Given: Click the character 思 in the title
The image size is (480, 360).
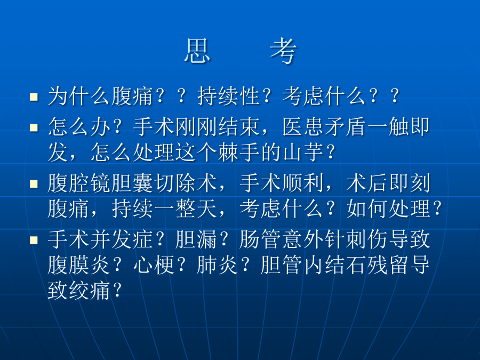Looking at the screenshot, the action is tap(198, 51).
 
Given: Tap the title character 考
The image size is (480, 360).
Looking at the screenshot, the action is tap(283, 51).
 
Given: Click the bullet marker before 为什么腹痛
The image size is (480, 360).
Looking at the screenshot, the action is tap(34, 97).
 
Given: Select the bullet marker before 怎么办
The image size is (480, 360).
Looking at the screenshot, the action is tap(34, 127).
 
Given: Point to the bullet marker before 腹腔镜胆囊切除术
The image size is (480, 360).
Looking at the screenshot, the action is tap(34, 183).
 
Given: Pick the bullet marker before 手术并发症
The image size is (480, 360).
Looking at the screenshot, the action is tap(34, 240).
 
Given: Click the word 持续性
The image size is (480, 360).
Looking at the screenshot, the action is tap(229, 96).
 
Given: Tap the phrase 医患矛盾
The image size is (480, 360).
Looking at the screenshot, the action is tap(324, 127).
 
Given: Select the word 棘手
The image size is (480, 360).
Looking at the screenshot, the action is tap(239, 152).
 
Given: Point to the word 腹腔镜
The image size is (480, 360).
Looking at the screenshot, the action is tap(79, 183).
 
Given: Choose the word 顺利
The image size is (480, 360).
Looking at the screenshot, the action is tap(303, 183).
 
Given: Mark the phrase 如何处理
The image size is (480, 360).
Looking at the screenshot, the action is tap(388, 209).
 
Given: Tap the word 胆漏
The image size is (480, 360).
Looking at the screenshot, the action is tap(196, 239).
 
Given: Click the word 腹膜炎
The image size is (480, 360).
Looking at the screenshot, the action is tap(79, 265).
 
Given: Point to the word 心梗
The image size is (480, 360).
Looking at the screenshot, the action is tap(154, 265).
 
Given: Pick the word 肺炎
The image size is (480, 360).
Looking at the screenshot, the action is tap(218, 265).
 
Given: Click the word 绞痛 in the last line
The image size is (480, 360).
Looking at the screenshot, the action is tap(90, 290).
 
